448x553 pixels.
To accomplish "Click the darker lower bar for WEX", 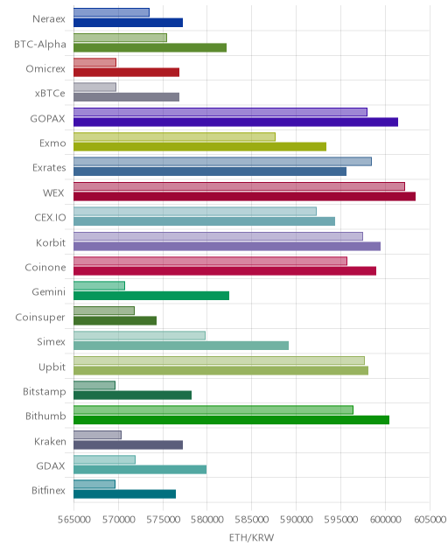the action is [x=244, y=197].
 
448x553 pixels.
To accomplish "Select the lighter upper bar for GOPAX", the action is [x=220, y=112].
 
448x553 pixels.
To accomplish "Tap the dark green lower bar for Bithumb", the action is [x=231, y=420].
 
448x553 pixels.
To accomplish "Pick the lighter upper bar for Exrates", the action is [x=222, y=162].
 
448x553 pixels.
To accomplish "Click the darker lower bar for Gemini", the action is [x=151, y=296].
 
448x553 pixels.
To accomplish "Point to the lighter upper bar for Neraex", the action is [x=111, y=12].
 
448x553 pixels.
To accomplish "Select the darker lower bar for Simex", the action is [x=181, y=346].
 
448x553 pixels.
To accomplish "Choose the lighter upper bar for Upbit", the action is [x=219, y=360].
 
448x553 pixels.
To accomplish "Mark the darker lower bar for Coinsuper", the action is [x=115, y=320].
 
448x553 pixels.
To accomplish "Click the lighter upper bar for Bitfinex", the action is [x=94, y=484].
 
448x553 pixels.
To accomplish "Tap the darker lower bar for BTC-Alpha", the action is [x=150, y=47].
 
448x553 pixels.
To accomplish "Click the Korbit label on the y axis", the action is [x=51, y=242].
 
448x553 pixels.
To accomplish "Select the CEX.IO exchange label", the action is [x=50, y=218].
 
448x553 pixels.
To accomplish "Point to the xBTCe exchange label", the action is [x=50, y=94].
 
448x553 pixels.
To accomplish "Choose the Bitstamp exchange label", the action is [x=45, y=392].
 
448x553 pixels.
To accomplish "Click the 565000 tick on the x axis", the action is [x=74, y=520].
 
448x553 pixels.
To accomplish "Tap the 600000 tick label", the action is [x=385, y=520].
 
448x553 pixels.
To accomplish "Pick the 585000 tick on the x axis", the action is [x=251, y=520].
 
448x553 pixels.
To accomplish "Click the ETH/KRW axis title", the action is [x=251, y=537].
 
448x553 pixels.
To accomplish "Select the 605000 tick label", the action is [x=430, y=520].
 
